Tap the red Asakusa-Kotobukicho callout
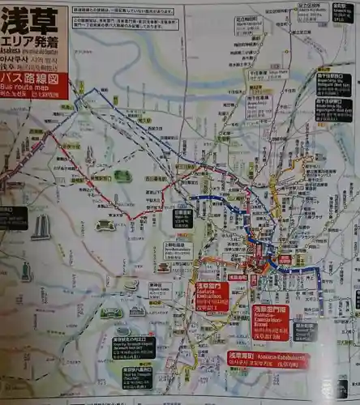point(268,360)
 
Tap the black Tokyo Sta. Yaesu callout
point(137,377)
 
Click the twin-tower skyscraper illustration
point(41,227)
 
